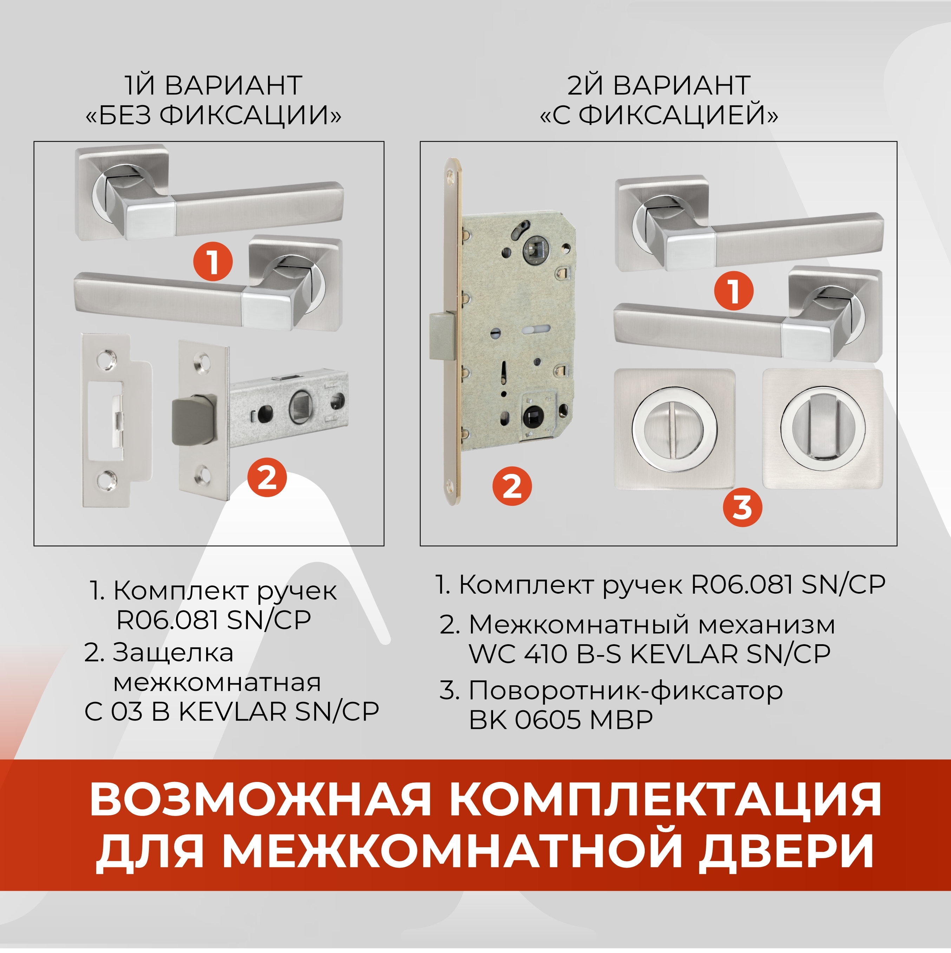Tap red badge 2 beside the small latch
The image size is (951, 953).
(x=267, y=477)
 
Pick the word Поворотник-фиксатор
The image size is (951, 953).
(x=625, y=691)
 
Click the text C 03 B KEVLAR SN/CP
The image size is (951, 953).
(x=232, y=711)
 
